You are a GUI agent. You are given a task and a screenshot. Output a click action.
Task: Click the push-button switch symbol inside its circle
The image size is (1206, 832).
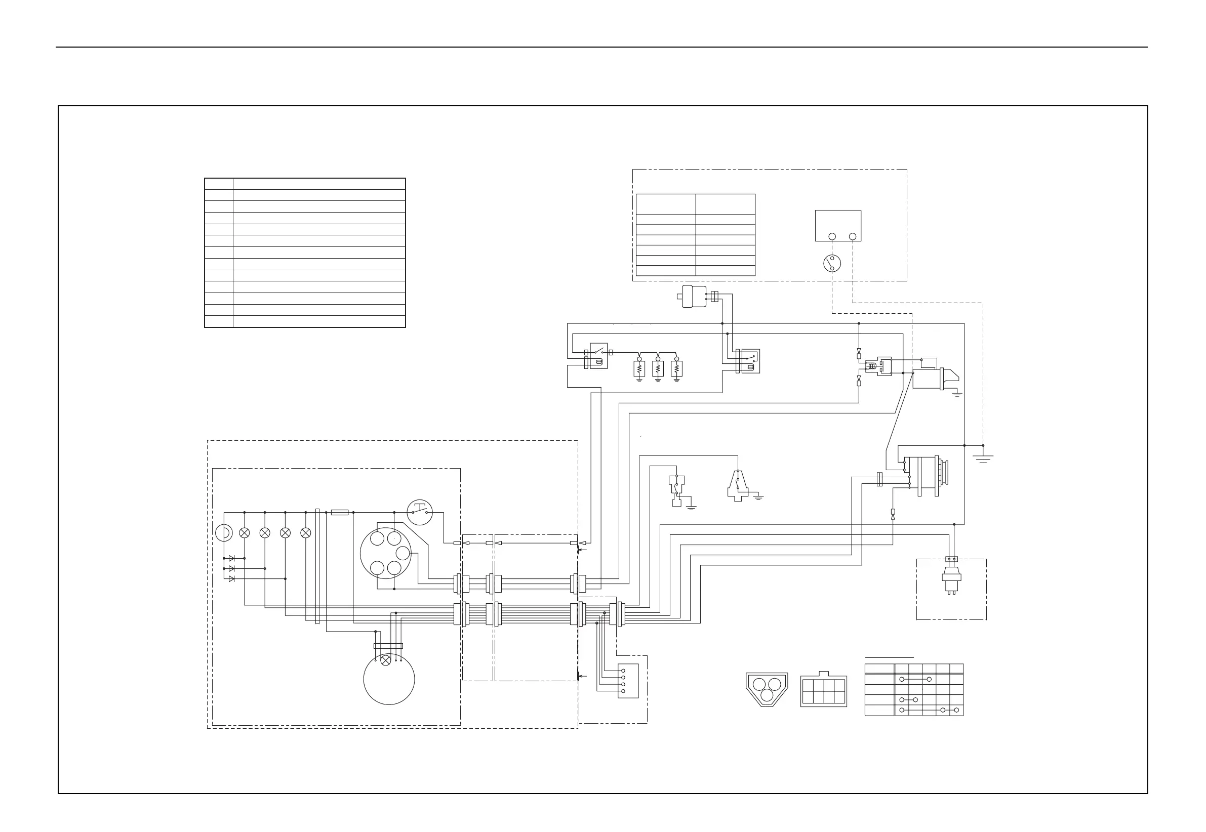[x=420, y=513]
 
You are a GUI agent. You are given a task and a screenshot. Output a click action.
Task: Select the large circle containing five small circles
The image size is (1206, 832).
[x=386, y=553]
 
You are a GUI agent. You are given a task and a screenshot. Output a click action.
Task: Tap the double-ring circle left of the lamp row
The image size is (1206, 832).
[x=224, y=533]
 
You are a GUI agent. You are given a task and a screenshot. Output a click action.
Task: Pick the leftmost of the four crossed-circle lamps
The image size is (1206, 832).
[x=244, y=533]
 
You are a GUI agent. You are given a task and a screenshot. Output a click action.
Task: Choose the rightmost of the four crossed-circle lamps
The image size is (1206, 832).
[x=306, y=533]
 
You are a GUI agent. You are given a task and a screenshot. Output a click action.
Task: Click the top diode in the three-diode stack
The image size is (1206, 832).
[x=231, y=558]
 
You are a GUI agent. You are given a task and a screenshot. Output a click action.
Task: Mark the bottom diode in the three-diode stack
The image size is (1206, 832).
[x=231, y=578]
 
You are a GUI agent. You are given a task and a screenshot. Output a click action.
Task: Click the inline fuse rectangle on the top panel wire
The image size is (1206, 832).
[x=340, y=513]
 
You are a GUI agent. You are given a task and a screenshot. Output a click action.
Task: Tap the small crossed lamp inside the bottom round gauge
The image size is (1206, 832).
[x=386, y=661]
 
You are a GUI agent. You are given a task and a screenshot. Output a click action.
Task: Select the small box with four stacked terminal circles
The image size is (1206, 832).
[x=628, y=681]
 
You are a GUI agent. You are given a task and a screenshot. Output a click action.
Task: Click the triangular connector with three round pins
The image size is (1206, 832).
[x=767, y=689]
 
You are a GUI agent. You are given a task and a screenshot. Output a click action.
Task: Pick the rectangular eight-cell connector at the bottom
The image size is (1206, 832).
[x=823, y=691]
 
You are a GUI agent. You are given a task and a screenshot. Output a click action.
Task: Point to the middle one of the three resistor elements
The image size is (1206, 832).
[x=658, y=368]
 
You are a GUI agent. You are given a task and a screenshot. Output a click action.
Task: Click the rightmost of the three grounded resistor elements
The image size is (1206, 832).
[x=677, y=368]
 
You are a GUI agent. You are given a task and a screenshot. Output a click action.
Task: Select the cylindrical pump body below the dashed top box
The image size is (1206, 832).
[x=694, y=297]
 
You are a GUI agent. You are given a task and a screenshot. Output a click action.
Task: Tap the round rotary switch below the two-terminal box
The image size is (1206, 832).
[x=832, y=263]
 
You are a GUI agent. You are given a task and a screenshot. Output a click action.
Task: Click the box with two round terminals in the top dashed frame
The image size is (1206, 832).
[x=838, y=226]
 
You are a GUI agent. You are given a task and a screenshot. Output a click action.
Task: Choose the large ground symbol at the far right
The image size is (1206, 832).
[x=983, y=459]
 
